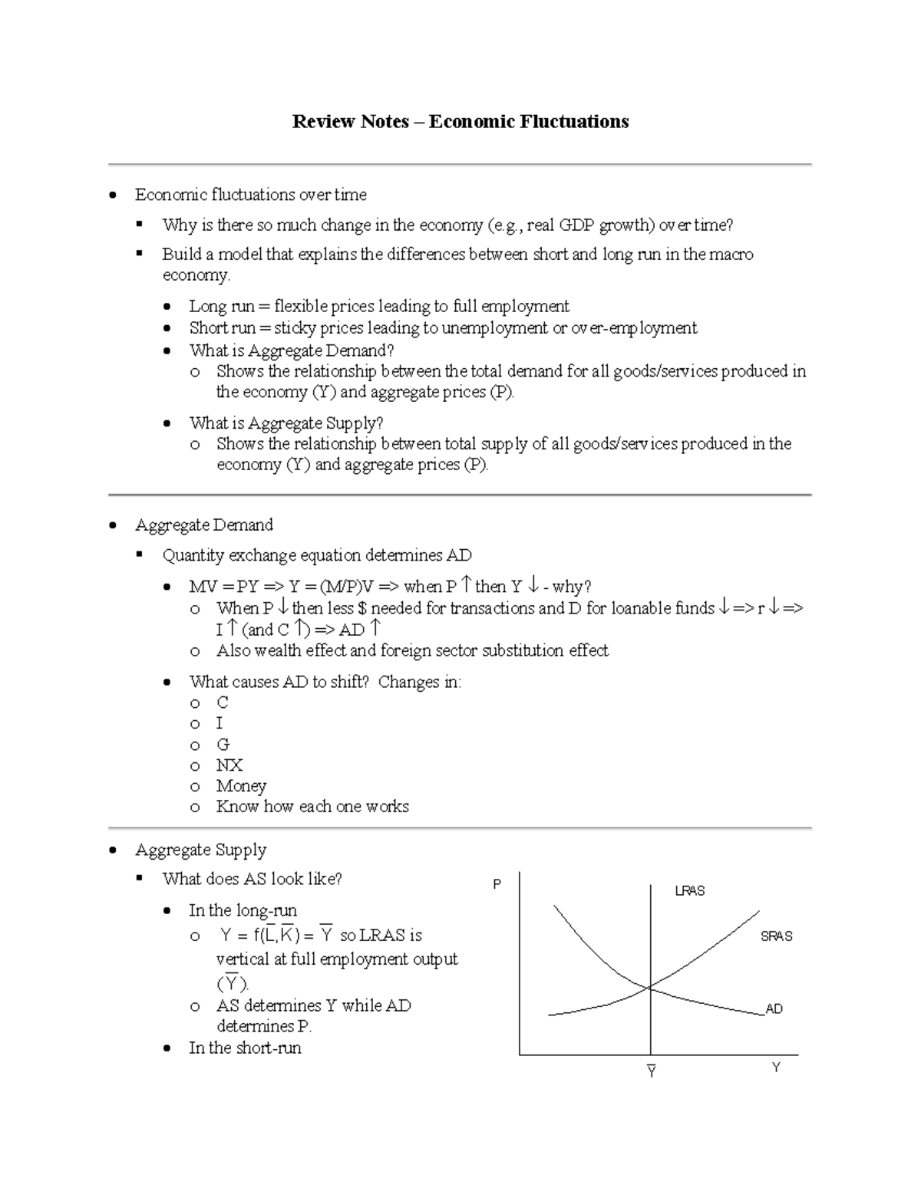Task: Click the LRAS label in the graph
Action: (x=689, y=890)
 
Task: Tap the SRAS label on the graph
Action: (x=776, y=936)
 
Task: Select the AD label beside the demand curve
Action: (x=774, y=1008)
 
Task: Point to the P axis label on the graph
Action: (x=497, y=884)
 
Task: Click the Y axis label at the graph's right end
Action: (x=776, y=1068)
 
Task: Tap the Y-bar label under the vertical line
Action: (x=651, y=1071)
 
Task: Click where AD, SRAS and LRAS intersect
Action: (x=651, y=988)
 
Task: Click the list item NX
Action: (x=229, y=765)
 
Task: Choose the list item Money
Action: (x=241, y=785)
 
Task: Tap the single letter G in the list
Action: (x=223, y=744)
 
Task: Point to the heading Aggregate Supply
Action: (x=200, y=850)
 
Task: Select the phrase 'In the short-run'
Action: (x=245, y=1048)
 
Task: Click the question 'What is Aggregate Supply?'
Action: (x=286, y=423)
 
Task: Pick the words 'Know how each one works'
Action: (x=312, y=806)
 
